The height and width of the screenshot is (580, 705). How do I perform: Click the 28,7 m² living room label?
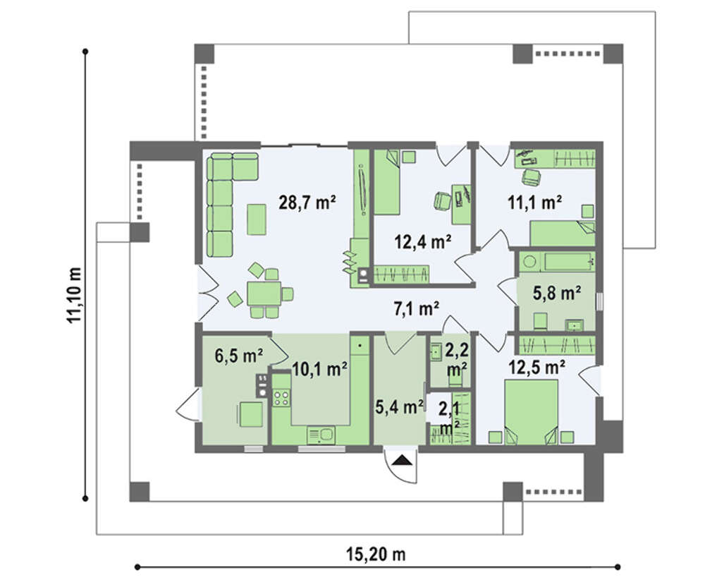click(x=307, y=203)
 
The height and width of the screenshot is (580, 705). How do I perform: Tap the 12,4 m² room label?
click(x=423, y=242)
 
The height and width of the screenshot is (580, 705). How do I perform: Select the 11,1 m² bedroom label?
click(x=534, y=203)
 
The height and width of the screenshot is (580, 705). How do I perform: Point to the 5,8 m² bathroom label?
click(x=557, y=293)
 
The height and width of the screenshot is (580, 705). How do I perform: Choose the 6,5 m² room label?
click(x=239, y=356)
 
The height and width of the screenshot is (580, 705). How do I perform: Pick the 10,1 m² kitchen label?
click(x=319, y=370)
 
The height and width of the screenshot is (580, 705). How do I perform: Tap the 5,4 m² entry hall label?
click(x=399, y=406)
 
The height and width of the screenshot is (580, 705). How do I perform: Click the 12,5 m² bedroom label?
click(x=537, y=368)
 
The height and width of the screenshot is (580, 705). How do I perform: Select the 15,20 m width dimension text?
click(x=376, y=555)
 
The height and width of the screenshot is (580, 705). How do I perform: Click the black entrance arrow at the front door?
click(x=402, y=460)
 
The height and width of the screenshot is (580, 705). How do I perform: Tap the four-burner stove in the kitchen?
click(x=281, y=398)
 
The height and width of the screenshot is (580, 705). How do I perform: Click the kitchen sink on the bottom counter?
click(x=321, y=435)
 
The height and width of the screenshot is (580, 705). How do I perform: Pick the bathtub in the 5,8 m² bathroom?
click(x=557, y=262)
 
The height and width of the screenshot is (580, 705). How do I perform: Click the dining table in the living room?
click(x=264, y=294)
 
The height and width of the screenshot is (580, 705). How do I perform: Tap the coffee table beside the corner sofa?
click(x=257, y=219)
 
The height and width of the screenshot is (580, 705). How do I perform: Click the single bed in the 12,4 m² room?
click(x=387, y=182)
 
